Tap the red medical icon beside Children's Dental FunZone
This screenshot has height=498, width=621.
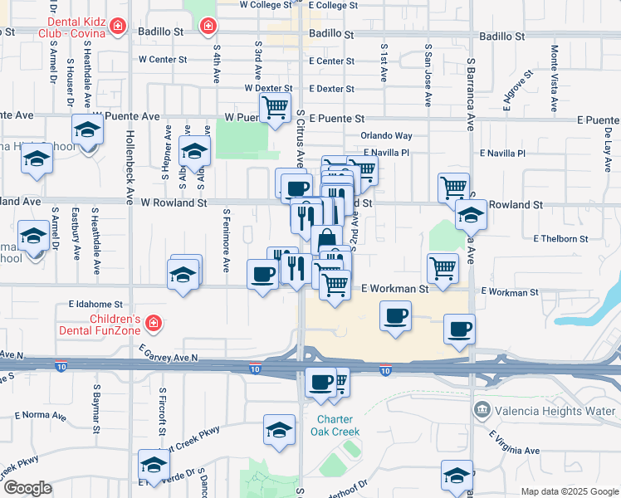tap(153, 322)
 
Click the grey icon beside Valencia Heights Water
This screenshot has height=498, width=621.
tap(481, 410)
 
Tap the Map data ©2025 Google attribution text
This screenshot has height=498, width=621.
tap(569, 491)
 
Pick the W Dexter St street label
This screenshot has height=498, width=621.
tap(268, 88)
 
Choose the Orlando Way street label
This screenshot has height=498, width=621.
tap(386, 135)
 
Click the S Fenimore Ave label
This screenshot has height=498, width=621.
tap(226, 240)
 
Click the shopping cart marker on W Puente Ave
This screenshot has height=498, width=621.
tap(275, 107)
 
